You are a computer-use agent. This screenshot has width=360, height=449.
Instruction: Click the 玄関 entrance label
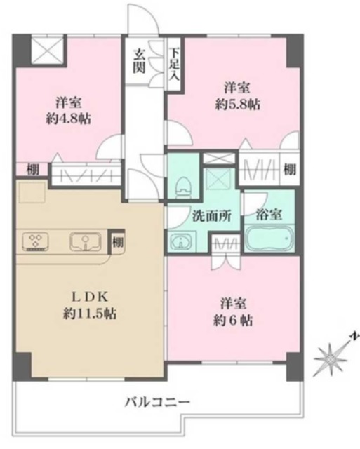tap(141, 61)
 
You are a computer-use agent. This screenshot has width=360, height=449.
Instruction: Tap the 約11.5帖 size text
tap(88, 314)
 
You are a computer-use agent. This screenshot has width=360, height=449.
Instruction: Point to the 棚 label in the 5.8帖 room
tap(289, 169)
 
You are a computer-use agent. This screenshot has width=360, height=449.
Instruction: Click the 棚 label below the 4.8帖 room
tap(32, 170)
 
